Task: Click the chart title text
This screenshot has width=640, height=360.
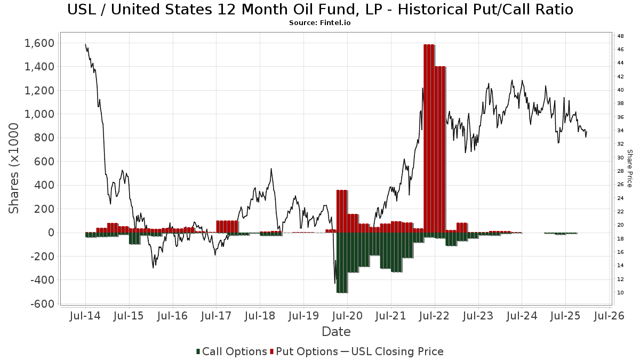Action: coord(320,10)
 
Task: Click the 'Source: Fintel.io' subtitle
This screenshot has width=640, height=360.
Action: coord(320,23)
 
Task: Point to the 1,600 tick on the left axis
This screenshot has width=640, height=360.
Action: coord(38,43)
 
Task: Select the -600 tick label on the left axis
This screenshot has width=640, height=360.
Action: coord(42,303)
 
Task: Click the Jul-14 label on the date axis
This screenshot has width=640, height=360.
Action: coord(85,316)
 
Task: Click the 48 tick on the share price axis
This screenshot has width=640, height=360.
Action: coord(620,36)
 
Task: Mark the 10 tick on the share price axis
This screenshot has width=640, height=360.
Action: coord(620,293)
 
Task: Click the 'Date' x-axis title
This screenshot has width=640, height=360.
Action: coord(336,332)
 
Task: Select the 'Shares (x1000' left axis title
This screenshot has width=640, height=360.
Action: coord(14,168)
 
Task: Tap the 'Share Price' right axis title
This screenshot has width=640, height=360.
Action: coord(629,168)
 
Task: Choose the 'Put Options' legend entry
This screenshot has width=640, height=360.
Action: coord(304,351)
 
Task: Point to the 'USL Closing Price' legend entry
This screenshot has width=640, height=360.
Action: coord(392,351)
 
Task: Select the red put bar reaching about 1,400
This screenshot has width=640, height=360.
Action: coord(440,149)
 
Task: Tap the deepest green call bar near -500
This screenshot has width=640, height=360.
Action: coord(342,262)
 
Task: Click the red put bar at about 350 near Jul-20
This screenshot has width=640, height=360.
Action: coord(342,211)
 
